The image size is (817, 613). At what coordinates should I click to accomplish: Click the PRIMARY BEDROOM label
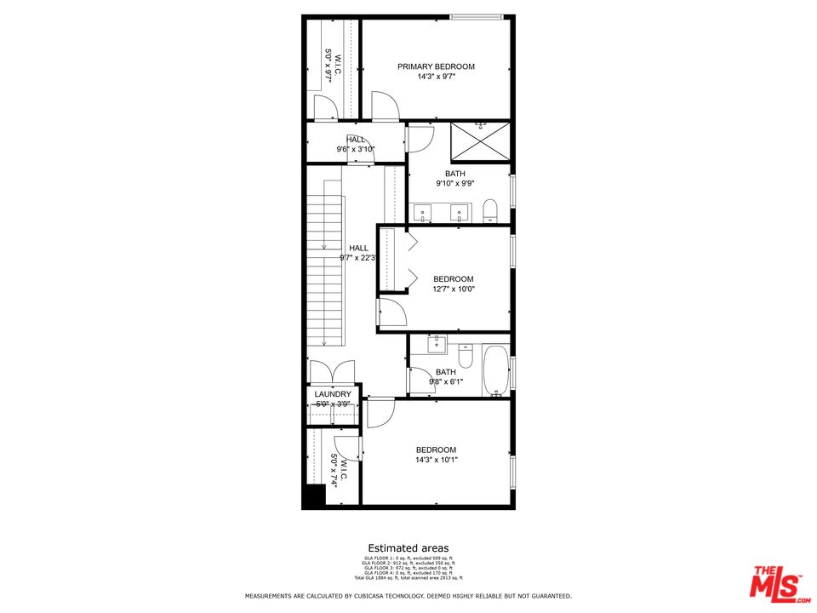click(436, 66)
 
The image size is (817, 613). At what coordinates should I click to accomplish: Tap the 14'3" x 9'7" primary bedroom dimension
click(436, 77)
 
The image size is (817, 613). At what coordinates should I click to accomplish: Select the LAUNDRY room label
click(332, 394)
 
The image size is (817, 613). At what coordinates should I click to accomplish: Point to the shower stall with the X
click(480, 140)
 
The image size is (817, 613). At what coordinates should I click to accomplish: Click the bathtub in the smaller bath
click(496, 370)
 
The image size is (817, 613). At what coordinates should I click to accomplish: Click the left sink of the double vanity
click(423, 212)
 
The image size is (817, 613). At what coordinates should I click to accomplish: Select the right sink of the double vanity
click(460, 212)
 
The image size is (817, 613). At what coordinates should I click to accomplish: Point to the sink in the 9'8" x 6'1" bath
click(436, 345)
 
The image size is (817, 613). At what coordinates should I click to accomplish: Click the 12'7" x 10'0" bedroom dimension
click(454, 289)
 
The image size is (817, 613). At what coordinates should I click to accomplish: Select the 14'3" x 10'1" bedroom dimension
click(436, 460)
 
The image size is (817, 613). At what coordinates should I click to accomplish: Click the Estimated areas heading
click(408, 548)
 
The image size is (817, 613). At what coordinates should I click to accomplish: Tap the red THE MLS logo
click(774, 582)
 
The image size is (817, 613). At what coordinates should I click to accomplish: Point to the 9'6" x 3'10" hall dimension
click(356, 150)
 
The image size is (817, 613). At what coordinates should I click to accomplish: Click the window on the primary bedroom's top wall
click(476, 16)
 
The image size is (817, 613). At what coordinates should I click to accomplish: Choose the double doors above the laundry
click(332, 372)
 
